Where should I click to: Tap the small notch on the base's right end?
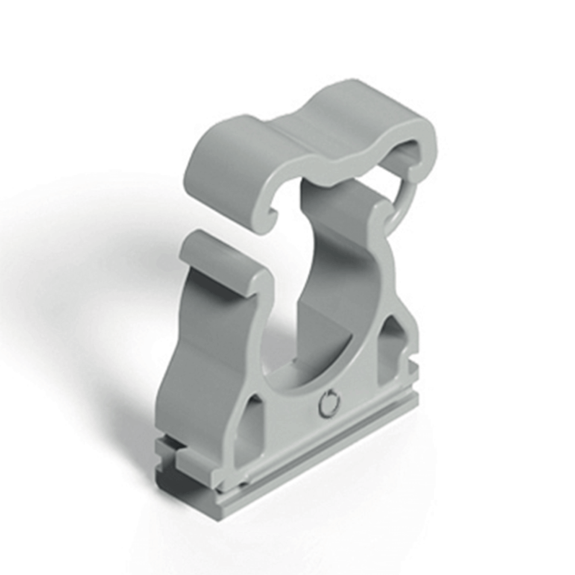point(413,368)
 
